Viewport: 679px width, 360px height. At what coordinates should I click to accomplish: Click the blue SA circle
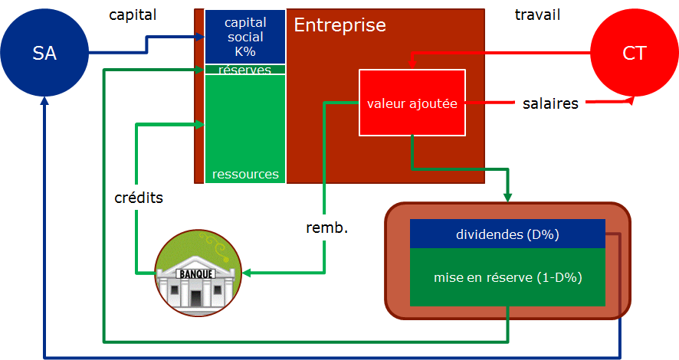(44, 53)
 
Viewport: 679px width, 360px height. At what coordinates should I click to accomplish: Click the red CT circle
(634, 53)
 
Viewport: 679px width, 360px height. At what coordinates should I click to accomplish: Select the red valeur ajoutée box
(412, 103)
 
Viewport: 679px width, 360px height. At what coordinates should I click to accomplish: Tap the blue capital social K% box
(244, 37)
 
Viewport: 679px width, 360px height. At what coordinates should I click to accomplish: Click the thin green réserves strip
(244, 70)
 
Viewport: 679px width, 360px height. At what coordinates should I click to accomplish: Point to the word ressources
(245, 174)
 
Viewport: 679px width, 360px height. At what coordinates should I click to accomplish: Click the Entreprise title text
(339, 25)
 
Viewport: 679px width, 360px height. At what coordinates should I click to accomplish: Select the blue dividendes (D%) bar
(507, 234)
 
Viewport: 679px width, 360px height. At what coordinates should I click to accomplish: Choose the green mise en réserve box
(507, 277)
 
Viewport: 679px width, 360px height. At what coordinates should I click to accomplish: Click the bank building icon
(198, 272)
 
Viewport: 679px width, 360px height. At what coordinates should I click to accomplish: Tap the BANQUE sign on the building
(197, 273)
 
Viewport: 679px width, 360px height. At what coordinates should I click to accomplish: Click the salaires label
(549, 103)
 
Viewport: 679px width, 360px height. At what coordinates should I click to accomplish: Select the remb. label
(326, 227)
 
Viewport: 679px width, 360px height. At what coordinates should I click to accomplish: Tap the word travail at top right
(537, 15)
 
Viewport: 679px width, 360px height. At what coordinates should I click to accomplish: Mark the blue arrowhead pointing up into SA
(44, 105)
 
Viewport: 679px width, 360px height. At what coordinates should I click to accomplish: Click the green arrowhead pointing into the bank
(248, 272)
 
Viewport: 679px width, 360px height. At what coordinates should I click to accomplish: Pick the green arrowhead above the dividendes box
(507, 198)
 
